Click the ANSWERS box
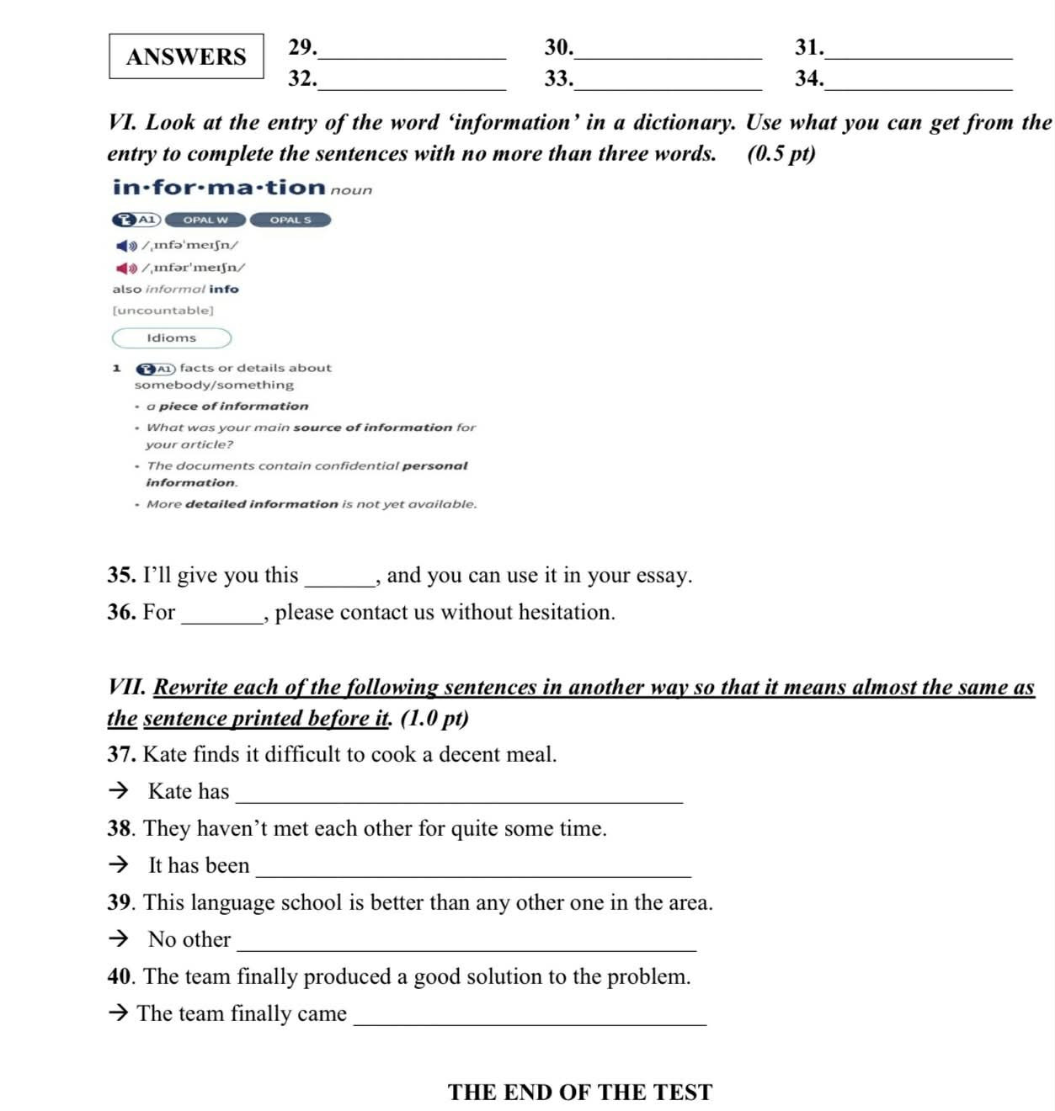[186, 56]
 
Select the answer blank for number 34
[919, 82]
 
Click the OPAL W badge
[205, 220]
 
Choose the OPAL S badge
[290, 220]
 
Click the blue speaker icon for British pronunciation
[126, 246]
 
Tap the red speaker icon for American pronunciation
[126, 268]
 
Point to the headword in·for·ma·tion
[219, 187]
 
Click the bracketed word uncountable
[163, 311]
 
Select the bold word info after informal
[224, 289]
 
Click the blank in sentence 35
[339, 581]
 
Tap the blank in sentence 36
[222, 618]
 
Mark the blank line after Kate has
[459, 796]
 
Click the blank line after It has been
[473, 870]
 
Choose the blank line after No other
[467, 944]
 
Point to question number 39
[120, 902]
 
